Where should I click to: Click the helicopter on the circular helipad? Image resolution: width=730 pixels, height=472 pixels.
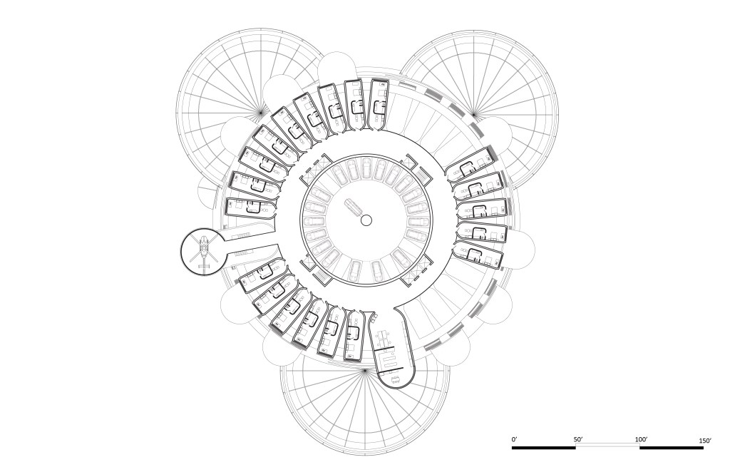click(204, 252)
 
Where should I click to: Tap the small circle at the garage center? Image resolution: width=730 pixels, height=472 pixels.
click(366, 220)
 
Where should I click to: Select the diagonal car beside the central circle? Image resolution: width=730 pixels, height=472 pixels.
click(353, 207)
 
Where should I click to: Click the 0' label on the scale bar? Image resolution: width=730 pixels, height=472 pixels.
click(514, 439)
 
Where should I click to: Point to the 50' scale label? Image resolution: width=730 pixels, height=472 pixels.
click(578, 439)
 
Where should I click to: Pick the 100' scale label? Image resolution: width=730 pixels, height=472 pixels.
click(641, 439)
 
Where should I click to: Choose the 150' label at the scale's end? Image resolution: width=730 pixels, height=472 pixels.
click(705, 440)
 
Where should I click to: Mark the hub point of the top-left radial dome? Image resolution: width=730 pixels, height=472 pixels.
click(261, 113)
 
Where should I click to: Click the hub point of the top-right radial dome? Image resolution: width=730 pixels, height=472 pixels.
click(473, 113)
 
